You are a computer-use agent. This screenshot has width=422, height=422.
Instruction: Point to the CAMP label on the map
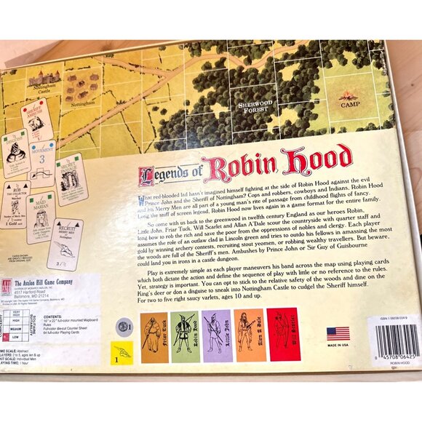point(351,104)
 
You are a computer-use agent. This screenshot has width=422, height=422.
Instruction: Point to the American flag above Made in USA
point(338,333)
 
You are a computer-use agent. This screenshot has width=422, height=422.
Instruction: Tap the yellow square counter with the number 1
point(122,353)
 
